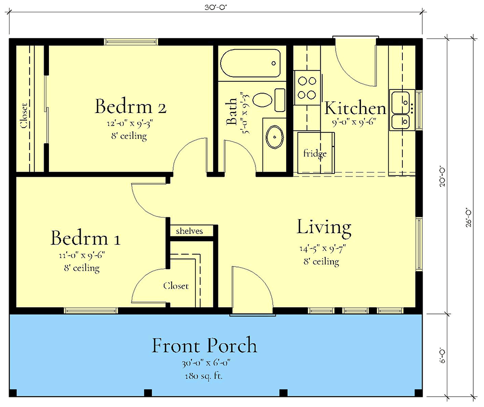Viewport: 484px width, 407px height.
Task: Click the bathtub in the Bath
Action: point(251,65)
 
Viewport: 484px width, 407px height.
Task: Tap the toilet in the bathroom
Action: point(264,100)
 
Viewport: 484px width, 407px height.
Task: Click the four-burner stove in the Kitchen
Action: point(307,89)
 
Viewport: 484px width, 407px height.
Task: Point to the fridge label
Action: point(315,154)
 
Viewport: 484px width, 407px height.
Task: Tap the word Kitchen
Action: point(355,108)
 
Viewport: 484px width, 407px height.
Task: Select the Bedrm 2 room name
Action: point(130,106)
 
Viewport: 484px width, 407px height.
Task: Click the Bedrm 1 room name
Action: point(86,238)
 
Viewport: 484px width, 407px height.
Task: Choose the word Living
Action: point(324,227)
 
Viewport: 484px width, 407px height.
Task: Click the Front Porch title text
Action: point(204,345)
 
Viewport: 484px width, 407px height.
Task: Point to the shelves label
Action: point(190,231)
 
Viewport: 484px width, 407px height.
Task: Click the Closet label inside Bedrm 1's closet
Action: point(176,286)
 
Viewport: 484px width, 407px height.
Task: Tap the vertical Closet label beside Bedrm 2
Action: point(24,115)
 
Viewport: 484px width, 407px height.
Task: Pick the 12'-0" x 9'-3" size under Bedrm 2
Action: point(129,124)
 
